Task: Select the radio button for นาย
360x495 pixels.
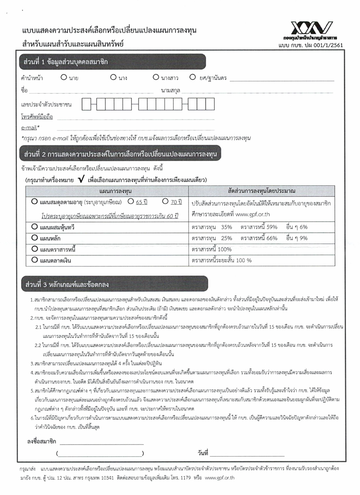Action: (x=64, y=77)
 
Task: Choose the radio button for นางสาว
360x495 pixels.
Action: (x=156, y=77)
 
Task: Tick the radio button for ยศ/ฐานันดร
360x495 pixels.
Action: (x=192, y=77)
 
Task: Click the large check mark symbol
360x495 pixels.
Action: (x=81, y=180)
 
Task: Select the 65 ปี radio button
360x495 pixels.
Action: (x=130, y=201)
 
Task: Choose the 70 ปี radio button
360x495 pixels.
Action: (x=165, y=201)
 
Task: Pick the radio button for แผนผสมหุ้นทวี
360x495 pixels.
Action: (x=35, y=227)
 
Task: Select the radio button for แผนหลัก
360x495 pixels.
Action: (x=35, y=237)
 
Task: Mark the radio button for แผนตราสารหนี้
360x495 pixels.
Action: (x=35, y=248)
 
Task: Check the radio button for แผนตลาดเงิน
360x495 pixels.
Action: (x=35, y=259)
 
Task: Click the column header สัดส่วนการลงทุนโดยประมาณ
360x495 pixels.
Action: (x=262, y=191)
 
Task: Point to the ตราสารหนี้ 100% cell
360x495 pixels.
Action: (x=211, y=249)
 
